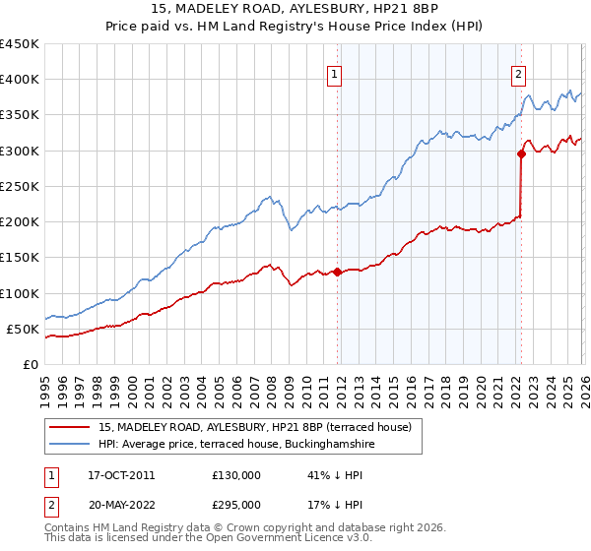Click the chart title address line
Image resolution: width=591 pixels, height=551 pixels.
pos(295,9)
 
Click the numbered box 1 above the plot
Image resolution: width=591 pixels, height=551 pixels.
pos(335,73)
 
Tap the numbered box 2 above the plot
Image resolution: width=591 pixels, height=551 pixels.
pos(518,73)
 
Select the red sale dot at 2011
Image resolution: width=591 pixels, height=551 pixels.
pos(337,272)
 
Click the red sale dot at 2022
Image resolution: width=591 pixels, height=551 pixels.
pos(521,153)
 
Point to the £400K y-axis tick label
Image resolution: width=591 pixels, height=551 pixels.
pos(19,80)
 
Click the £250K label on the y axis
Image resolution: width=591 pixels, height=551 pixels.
pos(19,186)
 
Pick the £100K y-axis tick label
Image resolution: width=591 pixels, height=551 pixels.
pos(19,293)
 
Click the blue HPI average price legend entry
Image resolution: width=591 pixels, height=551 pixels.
pos(236,445)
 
